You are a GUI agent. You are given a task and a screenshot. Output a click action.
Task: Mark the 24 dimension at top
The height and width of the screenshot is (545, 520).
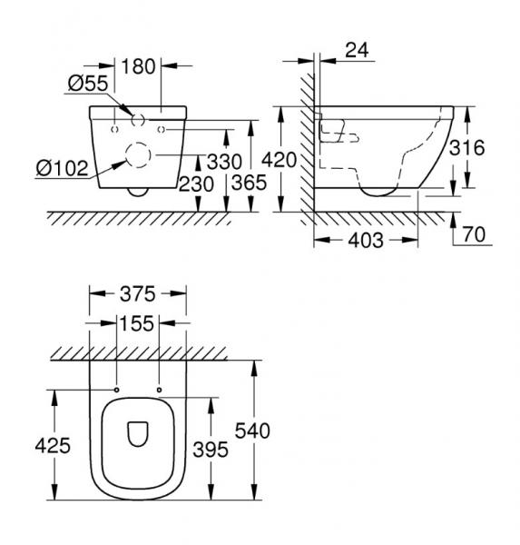tap(357, 51)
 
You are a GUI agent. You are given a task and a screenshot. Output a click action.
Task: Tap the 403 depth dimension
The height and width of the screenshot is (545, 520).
tap(365, 241)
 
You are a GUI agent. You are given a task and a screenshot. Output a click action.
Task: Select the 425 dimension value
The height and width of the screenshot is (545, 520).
tap(54, 446)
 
